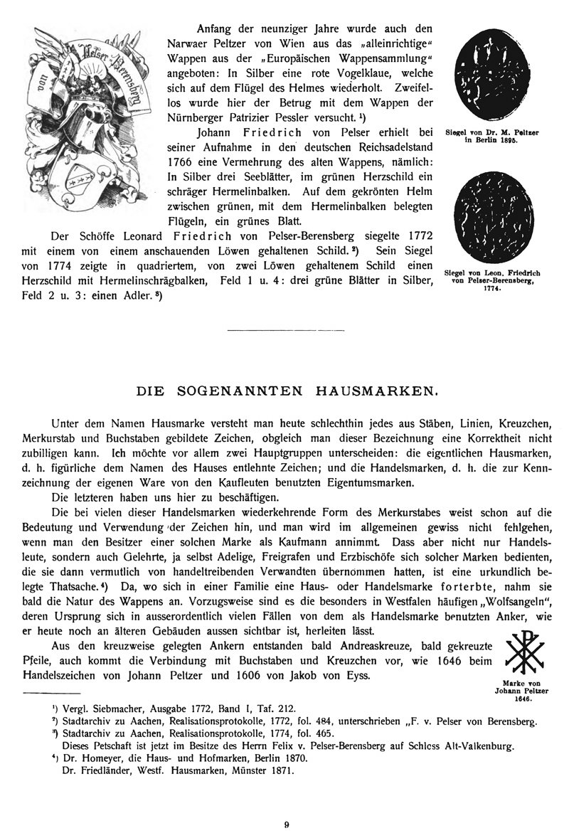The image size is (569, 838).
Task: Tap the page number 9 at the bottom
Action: click(285, 824)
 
